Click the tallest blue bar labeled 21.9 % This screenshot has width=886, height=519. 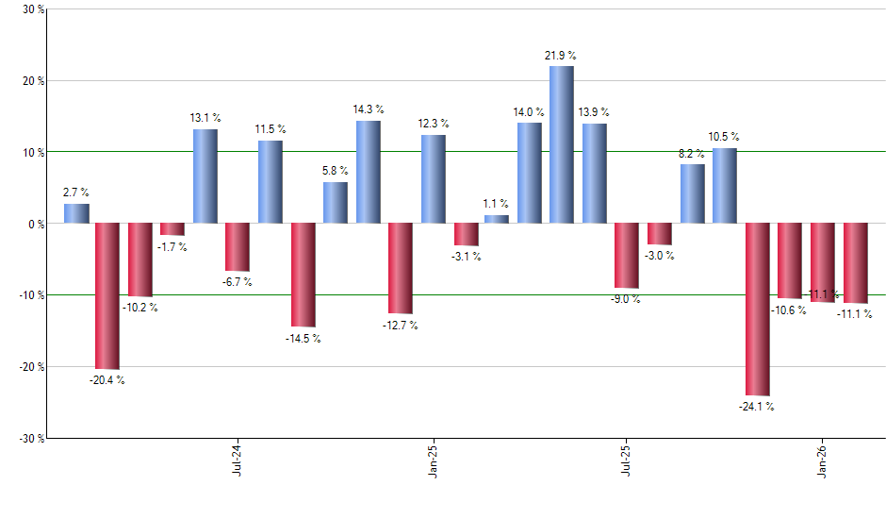point(561,144)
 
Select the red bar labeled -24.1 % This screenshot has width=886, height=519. point(757,310)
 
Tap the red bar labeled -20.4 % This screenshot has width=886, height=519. point(107,296)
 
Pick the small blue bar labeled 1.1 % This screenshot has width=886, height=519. point(497,219)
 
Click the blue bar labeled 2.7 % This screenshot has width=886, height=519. point(76,213)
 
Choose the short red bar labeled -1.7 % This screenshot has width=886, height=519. point(172,229)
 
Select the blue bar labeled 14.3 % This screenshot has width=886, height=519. point(368,172)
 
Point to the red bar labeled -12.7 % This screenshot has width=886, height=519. point(400,269)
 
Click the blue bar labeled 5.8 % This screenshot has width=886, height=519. point(335,202)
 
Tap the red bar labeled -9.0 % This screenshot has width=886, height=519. point(626,256)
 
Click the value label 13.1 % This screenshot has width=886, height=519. point(205,118)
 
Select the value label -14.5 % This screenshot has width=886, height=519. point(303,338)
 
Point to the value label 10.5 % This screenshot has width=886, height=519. point(724,136)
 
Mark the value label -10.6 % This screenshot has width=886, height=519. point(789,310)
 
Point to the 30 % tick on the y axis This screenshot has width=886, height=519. point(32,9)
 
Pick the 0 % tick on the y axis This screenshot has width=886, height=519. point(35,224)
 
